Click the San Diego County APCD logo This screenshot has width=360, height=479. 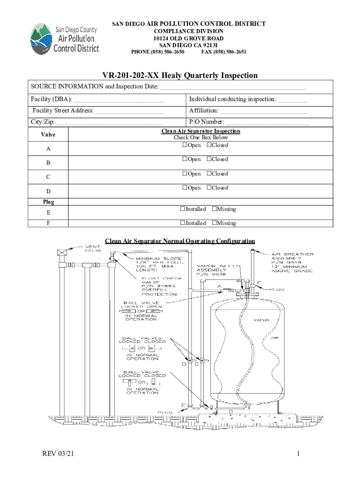pos(64,39)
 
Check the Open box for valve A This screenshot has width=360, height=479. pos(185,145)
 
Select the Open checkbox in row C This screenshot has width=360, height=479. pos(185,174)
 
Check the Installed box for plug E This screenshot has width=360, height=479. pos(183,210)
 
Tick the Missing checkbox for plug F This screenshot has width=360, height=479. pos(214,223)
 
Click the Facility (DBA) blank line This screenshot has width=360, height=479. pos(119,100)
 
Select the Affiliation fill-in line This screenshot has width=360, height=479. pos(264,111)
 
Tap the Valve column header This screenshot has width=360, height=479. pos(48,135)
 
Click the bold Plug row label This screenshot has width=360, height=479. pos(49,202)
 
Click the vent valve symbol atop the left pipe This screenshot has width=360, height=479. pos(61,253)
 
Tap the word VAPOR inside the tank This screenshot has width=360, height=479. pos(261,321)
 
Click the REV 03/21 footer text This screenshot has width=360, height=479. pos(58,454)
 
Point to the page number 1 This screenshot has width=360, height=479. pos(297,454)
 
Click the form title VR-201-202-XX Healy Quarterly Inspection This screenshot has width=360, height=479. pos(180,75)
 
